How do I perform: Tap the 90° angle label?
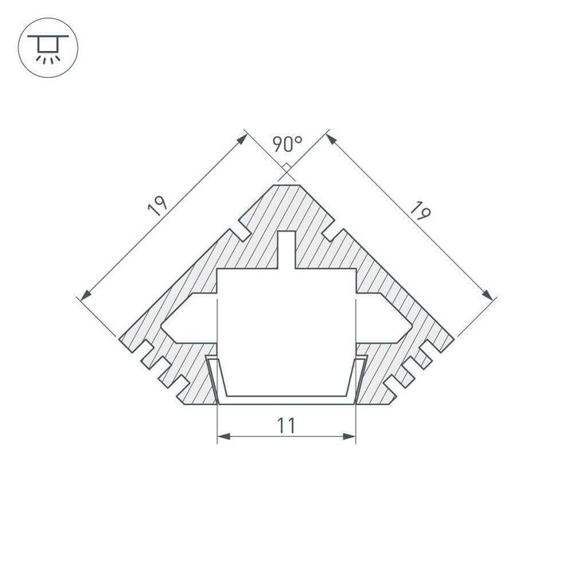click(286, 144)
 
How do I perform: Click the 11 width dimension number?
click(287, 426)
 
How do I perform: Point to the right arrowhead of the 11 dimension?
click(352, 437)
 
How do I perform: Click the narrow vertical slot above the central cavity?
click(286, 250)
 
